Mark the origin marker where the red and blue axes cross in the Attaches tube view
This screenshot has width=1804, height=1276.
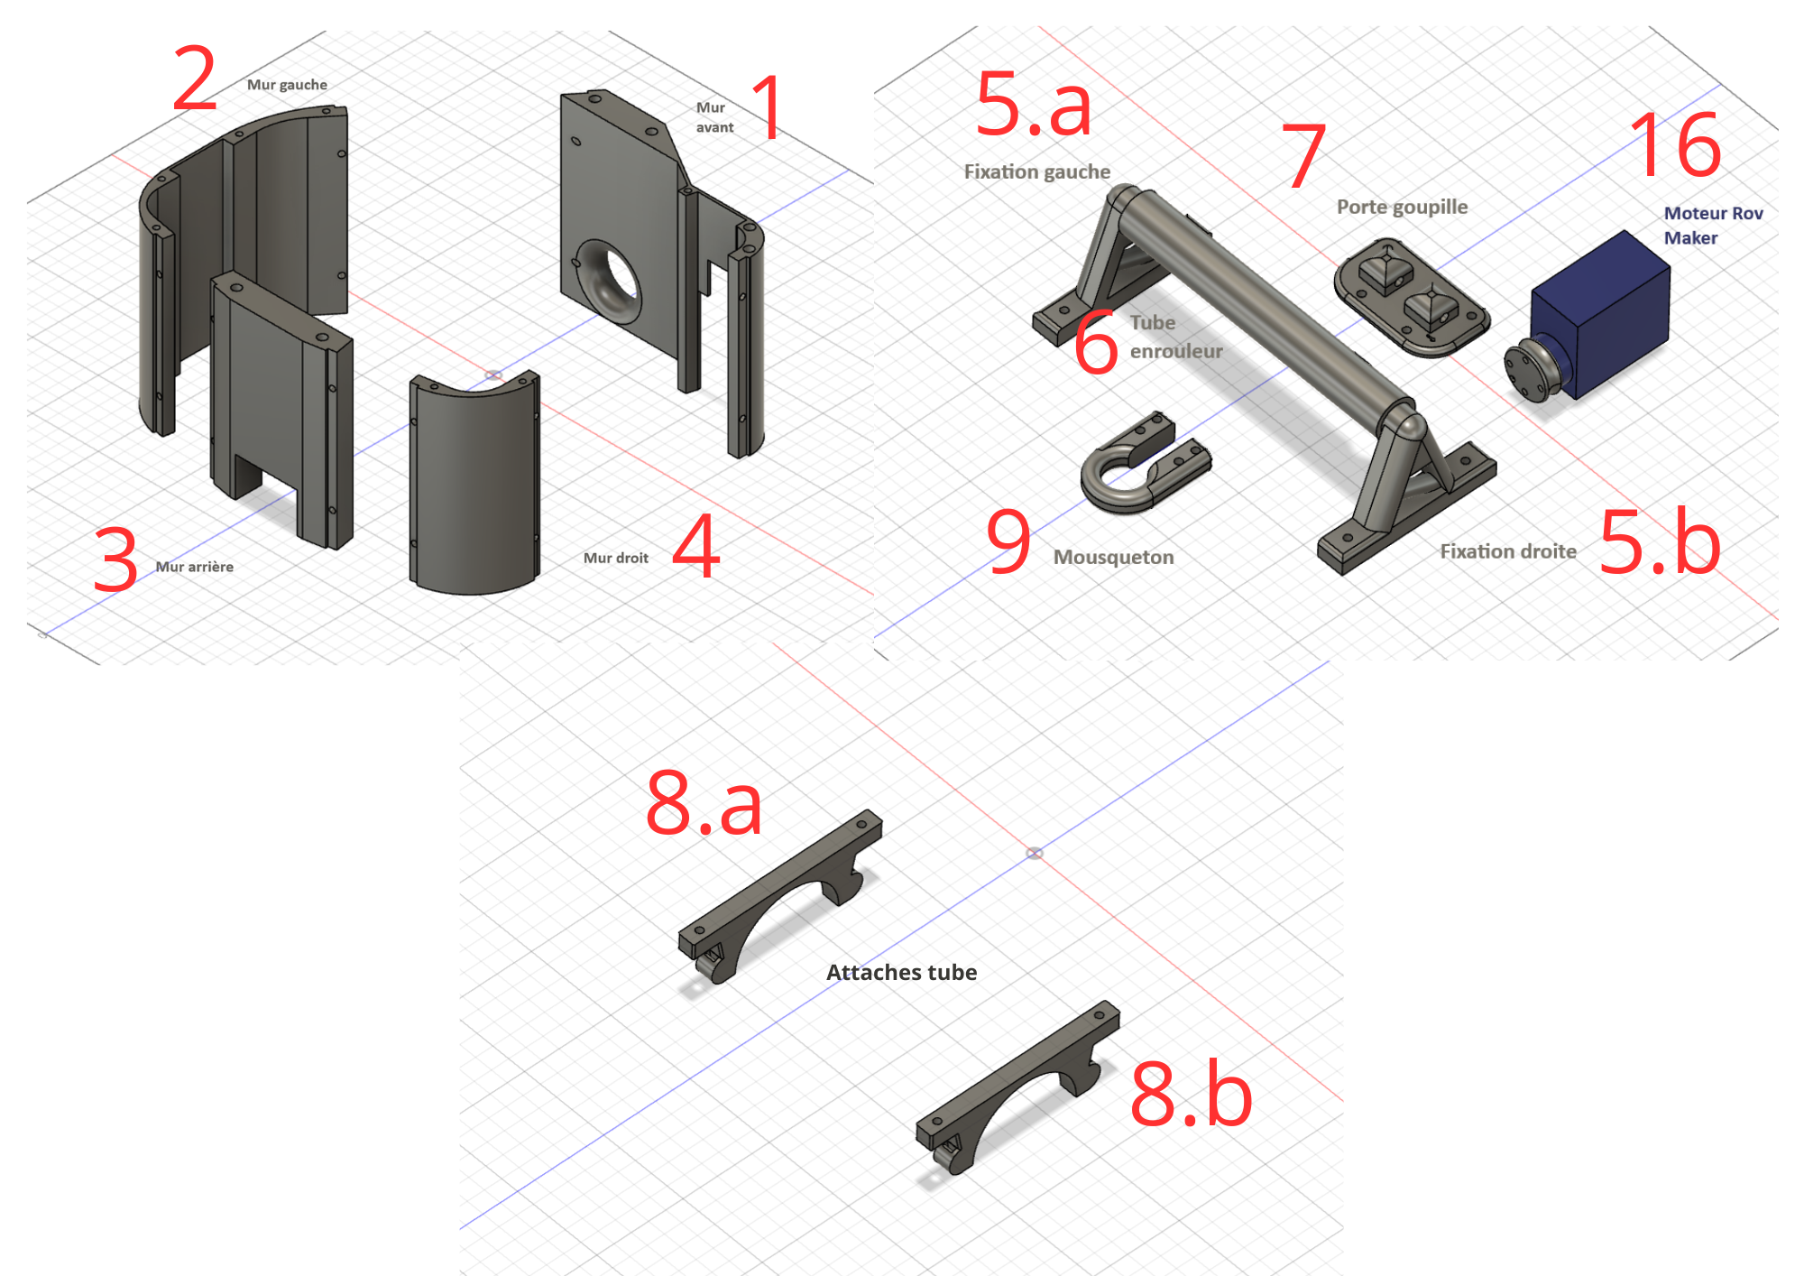(x=1035, y=853)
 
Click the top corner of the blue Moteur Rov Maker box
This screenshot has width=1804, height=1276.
(x=1625, y=231)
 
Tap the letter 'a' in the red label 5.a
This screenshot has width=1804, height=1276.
(x=1070, y=109)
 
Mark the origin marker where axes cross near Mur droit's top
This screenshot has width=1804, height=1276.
(x=493, y=374)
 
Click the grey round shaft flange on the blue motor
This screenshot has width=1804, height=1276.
(x=1532, y=370)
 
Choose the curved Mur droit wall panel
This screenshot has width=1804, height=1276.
(x=474, y=483)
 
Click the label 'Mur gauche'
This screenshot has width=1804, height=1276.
(x=287, y=85)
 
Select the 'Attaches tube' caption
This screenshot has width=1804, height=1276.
(x=901, y=972)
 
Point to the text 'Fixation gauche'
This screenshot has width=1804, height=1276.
(x=1037, y=171)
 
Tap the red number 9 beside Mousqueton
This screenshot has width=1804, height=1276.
(x=1008, y=541)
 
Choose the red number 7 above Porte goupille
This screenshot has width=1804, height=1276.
(x=1303, y=155)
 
